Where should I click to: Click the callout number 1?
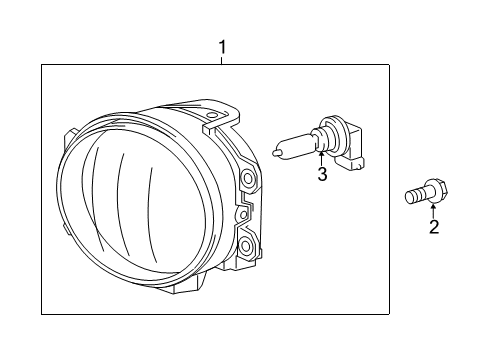pos(223,46)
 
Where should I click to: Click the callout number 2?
pos(433,227)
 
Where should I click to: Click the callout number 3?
pos(322,177)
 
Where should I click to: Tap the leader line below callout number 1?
pos(223,59)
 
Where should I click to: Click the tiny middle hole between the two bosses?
pos(240,215)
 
